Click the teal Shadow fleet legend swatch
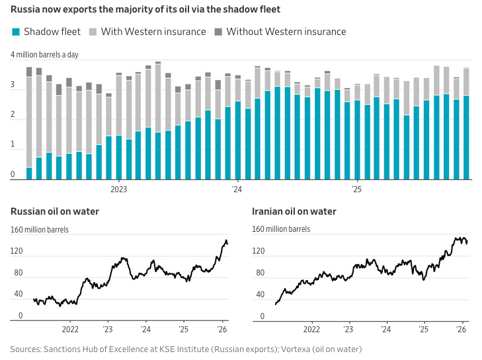(x=15, y=32)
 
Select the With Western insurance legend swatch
(x=93, y=32)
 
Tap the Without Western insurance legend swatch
(x=218, y=32)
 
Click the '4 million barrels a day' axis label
(x=44, y=54)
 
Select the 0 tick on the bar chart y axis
(x=13, y=175)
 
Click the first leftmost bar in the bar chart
(x=29, y=173)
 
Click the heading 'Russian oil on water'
(x=54, y=211)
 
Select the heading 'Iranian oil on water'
(x=294, y=211)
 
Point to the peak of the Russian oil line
(x=226, y=240)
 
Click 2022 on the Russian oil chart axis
(x=71, y=328)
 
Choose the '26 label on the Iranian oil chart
(x=462, y=328)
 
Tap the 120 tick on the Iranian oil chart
(x=259, y=251)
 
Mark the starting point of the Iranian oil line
(x=276, y=304)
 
